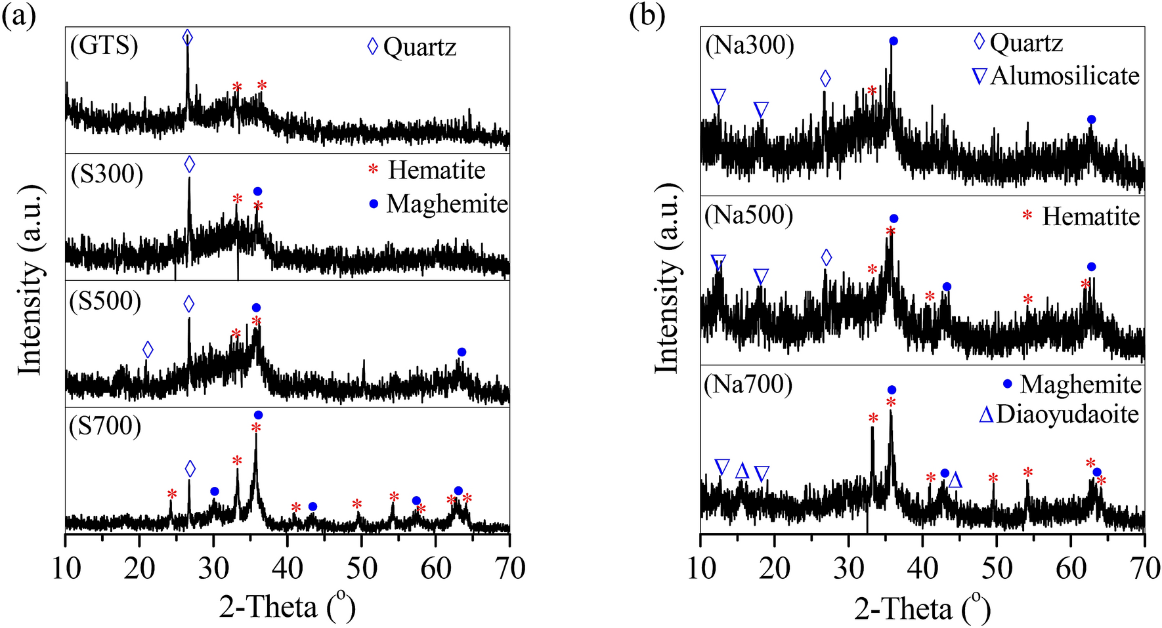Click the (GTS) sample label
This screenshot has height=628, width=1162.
click(104, 46)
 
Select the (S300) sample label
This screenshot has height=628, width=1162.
click(106, 174)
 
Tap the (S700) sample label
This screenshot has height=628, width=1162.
click(105, 426)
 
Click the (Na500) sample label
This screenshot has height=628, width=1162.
click(748, 215)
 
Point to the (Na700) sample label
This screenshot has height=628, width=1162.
click(748, 384)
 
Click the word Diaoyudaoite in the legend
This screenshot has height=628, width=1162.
click(1067, 415)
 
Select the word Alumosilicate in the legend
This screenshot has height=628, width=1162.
click(1065, 76)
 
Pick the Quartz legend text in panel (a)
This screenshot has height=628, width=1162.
click(420, 47)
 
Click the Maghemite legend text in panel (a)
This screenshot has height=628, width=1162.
click(447, 204)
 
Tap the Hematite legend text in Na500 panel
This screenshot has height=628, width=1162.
click(1090, 217)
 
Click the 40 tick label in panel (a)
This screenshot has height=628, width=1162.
click(288, 569)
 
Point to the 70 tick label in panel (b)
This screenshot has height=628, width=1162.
click(1144, 569)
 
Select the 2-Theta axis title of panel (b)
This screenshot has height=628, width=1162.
click(922, 608)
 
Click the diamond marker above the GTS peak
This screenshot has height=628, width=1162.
click(188, 37)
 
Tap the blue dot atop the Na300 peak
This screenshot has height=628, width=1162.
click(893, 41)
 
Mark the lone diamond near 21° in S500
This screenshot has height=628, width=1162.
click(148, 350)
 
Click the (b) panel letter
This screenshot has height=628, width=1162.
click(647, 15)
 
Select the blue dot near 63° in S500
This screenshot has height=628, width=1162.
click(462, 352)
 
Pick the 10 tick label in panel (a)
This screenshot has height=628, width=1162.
click(66, 569)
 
